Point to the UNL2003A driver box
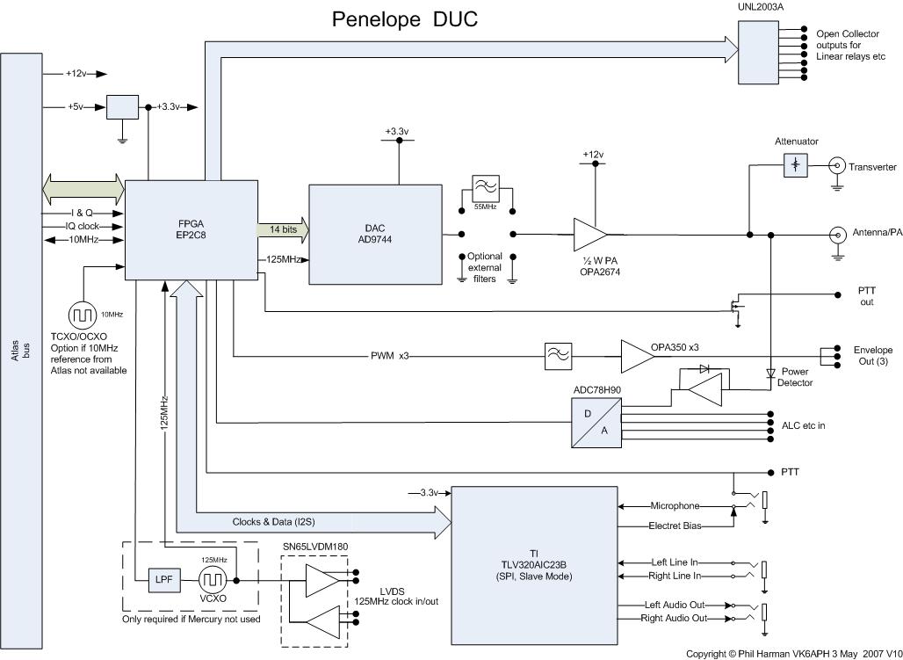tap(758, 51)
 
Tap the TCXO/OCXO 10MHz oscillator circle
tap(83, 315)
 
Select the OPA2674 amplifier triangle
tap(589, 235)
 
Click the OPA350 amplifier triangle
tap(638, 355)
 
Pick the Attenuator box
tap(796, 165)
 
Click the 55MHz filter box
tap(486, 188)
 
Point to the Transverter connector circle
tap(837, 165)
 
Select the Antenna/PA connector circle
tap(837, 235)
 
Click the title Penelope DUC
tap(404, 18)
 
